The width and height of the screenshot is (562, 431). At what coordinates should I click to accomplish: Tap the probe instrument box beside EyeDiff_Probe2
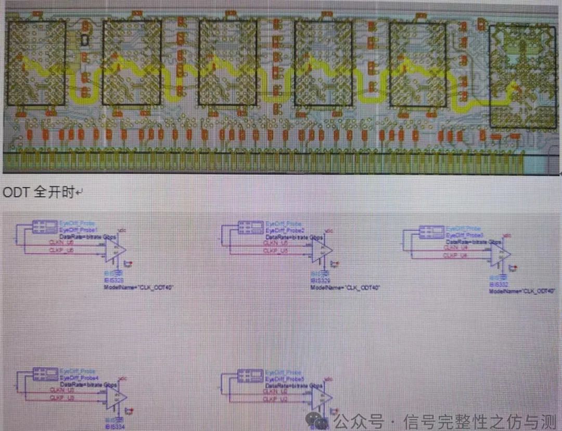coord(251,227)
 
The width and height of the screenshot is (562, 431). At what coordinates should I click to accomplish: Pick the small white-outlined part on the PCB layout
coord(85,39)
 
